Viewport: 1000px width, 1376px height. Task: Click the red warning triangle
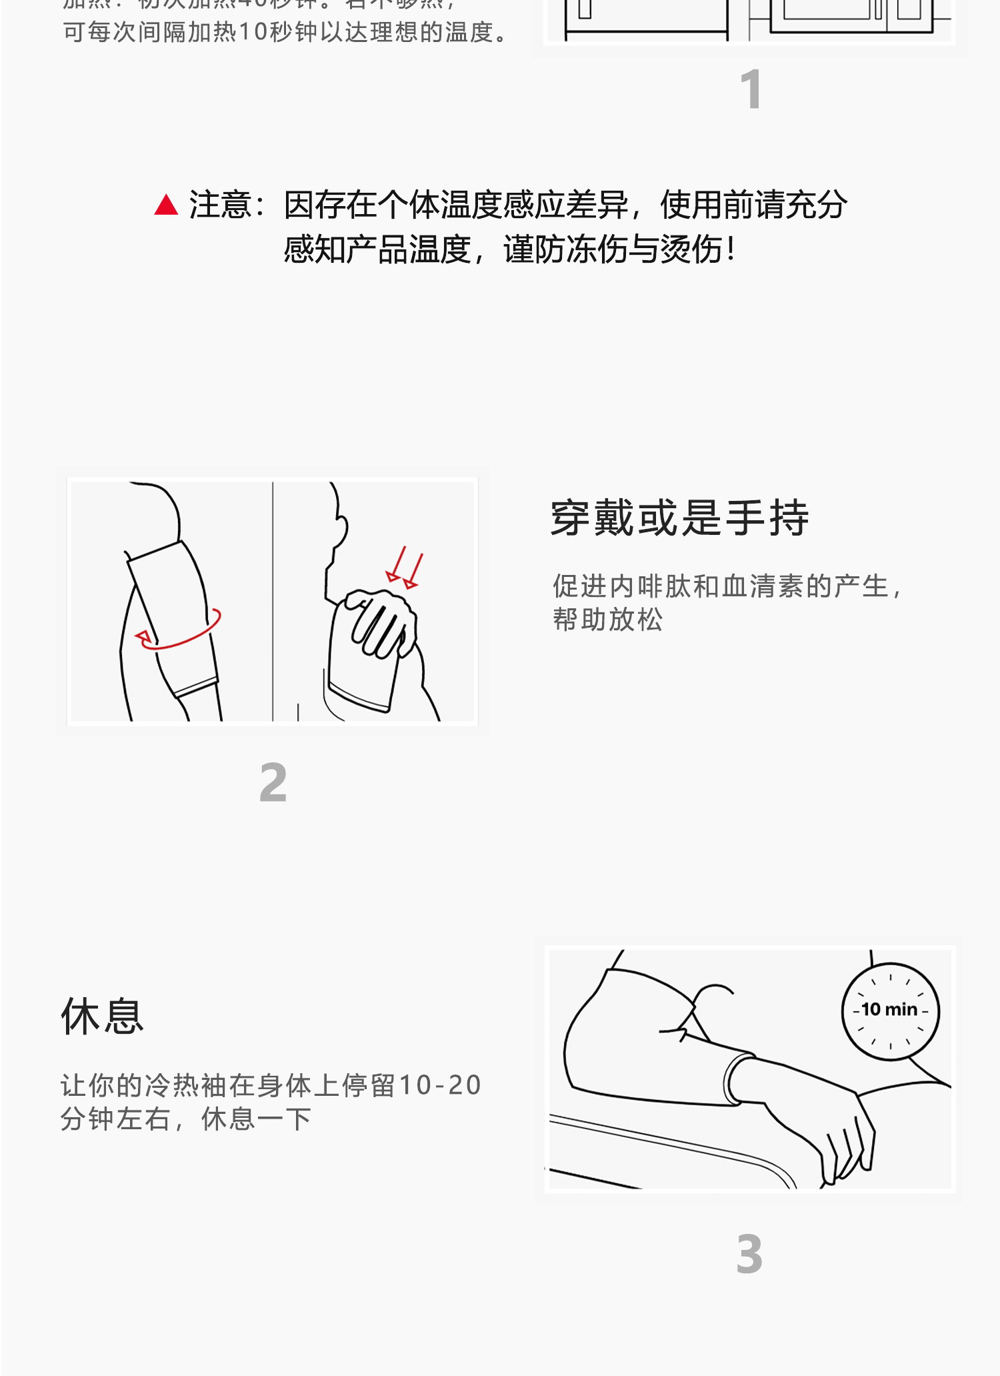[166, 205]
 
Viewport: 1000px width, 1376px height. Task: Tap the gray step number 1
[751, 89]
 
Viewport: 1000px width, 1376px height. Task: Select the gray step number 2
[273, 782]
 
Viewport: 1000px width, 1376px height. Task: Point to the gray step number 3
[749, 1255]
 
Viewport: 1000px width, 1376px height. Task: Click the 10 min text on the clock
[889, 1010]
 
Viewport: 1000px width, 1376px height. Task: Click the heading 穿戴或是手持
[679, 518]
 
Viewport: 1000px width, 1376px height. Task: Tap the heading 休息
[103, 1017]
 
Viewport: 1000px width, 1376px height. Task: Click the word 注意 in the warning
[220, 205]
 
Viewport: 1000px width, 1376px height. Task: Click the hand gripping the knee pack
[383, 620]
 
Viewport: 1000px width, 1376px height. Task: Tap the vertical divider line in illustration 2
[273, 600]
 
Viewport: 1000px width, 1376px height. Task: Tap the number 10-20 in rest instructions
[440, 1085]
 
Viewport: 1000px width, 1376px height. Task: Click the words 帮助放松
[607, 620]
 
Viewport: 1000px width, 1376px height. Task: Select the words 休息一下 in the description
[256, 1119]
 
